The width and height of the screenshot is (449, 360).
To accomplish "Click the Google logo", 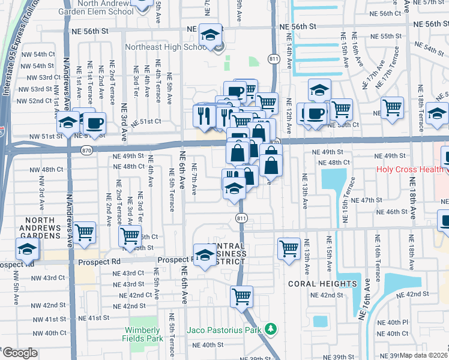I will [x=19, y=353].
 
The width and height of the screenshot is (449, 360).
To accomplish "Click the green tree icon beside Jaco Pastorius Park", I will [x=271, y=329].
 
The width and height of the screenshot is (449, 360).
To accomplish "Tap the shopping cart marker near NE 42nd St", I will [x=241, y=296].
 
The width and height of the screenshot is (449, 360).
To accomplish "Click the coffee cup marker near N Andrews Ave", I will [x=94, y=123].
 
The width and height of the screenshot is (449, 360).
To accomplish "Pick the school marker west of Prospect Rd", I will [x=28, y=249].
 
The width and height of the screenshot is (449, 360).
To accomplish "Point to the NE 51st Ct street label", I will [x=147, y=121].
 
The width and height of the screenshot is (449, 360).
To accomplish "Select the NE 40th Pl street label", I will [x=397, y=322].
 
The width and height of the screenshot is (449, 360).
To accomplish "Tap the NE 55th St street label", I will [x=394, y=37].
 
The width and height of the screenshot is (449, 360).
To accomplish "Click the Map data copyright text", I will [x=424, y=355].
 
